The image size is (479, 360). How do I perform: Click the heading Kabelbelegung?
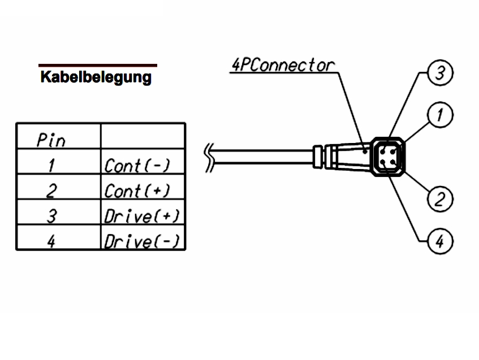point(96,77)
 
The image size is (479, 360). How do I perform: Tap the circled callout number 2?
point(441,198)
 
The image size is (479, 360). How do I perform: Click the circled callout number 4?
point(441,242)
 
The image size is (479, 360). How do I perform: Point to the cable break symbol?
point(210,155)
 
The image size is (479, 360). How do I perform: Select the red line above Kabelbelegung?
point(97,65)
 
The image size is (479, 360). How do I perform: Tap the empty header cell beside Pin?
point(143,136)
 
